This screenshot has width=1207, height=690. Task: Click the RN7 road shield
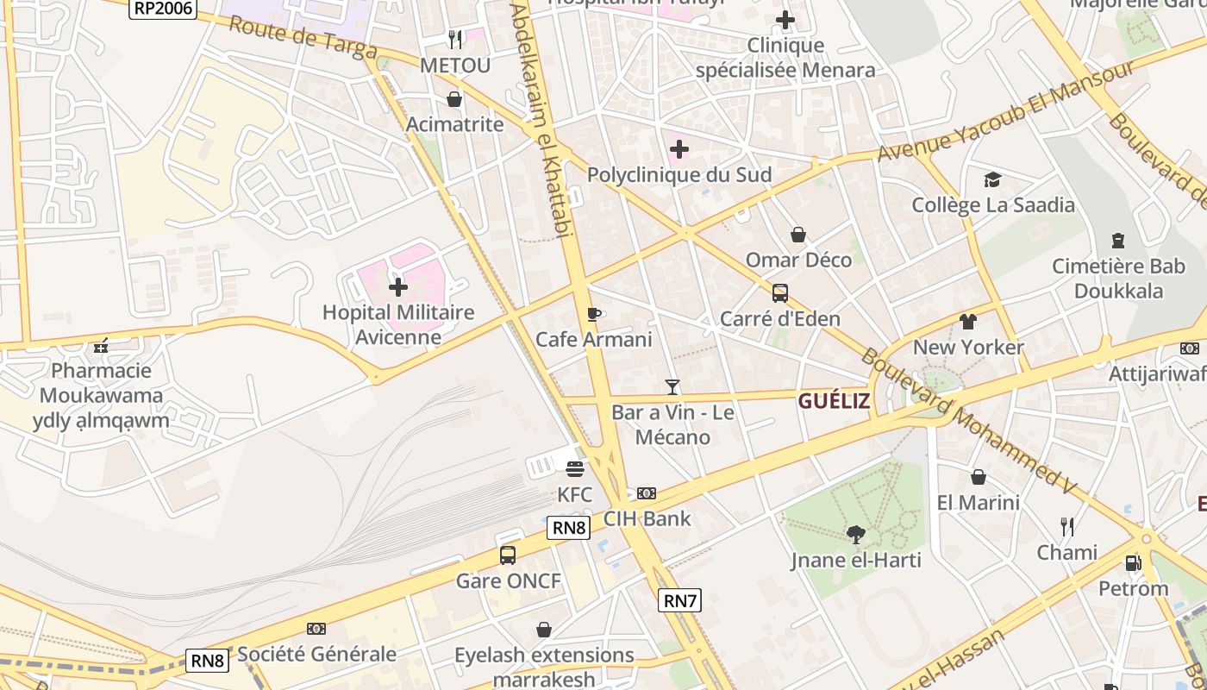(x=679, y=600)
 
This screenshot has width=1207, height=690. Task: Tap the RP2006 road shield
(x=163, y=9)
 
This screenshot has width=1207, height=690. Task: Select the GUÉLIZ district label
(x=833, y=401)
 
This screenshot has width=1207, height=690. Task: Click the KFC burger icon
(x=575, y=469)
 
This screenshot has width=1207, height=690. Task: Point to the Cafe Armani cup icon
(x=593, y=314)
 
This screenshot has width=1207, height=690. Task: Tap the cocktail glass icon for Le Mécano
(x=672, y=387)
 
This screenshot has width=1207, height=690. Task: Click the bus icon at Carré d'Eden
(x=780, y=293)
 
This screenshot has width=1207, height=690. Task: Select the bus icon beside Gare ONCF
(x=508, y=555)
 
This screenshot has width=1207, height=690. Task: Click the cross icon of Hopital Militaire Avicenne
(x=398, y=286)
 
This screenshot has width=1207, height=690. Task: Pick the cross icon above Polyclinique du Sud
(x=679, y=149)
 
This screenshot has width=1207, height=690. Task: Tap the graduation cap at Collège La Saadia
(x=993, y=179)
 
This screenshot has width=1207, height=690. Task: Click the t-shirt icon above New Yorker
(x=968, y=322)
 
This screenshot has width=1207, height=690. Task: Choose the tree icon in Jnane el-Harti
(x=855, y=535)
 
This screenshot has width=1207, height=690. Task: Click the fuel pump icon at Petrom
(x=1133, y=563)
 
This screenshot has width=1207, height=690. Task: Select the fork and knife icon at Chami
(x=1067, y=526)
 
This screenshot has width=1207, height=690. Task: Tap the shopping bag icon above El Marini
(x=979, y=477)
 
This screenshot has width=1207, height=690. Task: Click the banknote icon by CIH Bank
(x=647, y=493)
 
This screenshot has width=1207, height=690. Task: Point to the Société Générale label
(x=316, y=654)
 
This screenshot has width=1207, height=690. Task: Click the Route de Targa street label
(x=303, y=37)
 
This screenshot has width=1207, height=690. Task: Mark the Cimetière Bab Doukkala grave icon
(x=1118, y=241)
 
